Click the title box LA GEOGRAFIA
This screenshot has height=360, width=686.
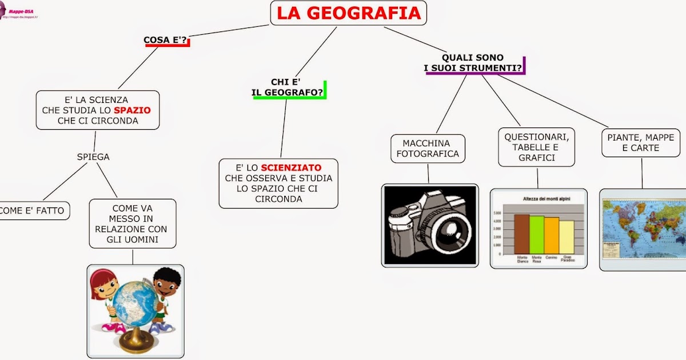349,13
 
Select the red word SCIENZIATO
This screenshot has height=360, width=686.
291,168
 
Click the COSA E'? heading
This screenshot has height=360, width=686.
166,40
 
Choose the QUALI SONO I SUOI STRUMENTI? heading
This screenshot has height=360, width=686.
473,63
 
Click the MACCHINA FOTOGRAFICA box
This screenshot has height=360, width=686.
428,149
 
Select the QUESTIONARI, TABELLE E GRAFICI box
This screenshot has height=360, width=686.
536,147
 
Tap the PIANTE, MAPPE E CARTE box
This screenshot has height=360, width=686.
640,143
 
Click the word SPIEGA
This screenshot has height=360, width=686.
93,157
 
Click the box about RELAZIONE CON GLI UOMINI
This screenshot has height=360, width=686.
133,223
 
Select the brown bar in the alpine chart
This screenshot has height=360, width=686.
521,234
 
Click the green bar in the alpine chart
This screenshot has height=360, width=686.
536,235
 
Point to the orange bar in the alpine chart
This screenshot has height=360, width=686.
551,235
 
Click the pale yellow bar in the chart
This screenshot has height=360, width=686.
566,237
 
